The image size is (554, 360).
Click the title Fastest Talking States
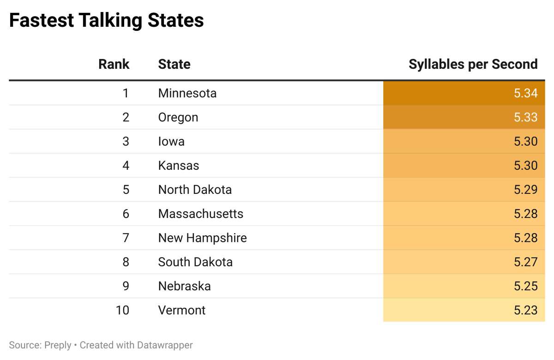pyautogui.click(x=107, y=21)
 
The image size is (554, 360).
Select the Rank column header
pyautogui.click(x=114, y=64)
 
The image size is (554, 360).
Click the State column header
pyautogui.click(x=174, y=64)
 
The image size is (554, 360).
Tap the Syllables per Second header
pyautogui.click(x=473, y=64)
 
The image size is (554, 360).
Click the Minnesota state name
pyautogui.click(x=187, y=93)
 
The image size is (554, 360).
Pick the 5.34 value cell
pyautogui.click(x=525, y=93)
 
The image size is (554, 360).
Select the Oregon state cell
pyautogui.click(x=178, y=117)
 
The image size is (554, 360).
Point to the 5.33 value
pyautogui.click(x=525, y=117)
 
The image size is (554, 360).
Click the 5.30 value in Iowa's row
pyautogui.click(x=525, y=141)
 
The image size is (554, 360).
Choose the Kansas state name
pyautogui.click(x=178, y=166)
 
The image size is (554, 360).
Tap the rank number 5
pyautogui.click(x=126, y=190)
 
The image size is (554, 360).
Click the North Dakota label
pyautogui.click(x=195, y=190)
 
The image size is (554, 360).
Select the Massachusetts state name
pyautogui.click(x=200, y=214)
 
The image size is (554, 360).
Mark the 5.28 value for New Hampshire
pyautogui.click(x=525, y=238)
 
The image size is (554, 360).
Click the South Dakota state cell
pyautogui.click(x=195, y=262)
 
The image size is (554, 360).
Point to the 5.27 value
pyautogui.click(x=525, y=262)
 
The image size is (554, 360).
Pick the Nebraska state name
pyautogui.click(x=184, y=286)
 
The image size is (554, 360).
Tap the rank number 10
pyautogui.click(x=122, y=310)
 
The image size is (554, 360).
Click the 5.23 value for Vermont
pyautogui.click(x=525, y=310)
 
